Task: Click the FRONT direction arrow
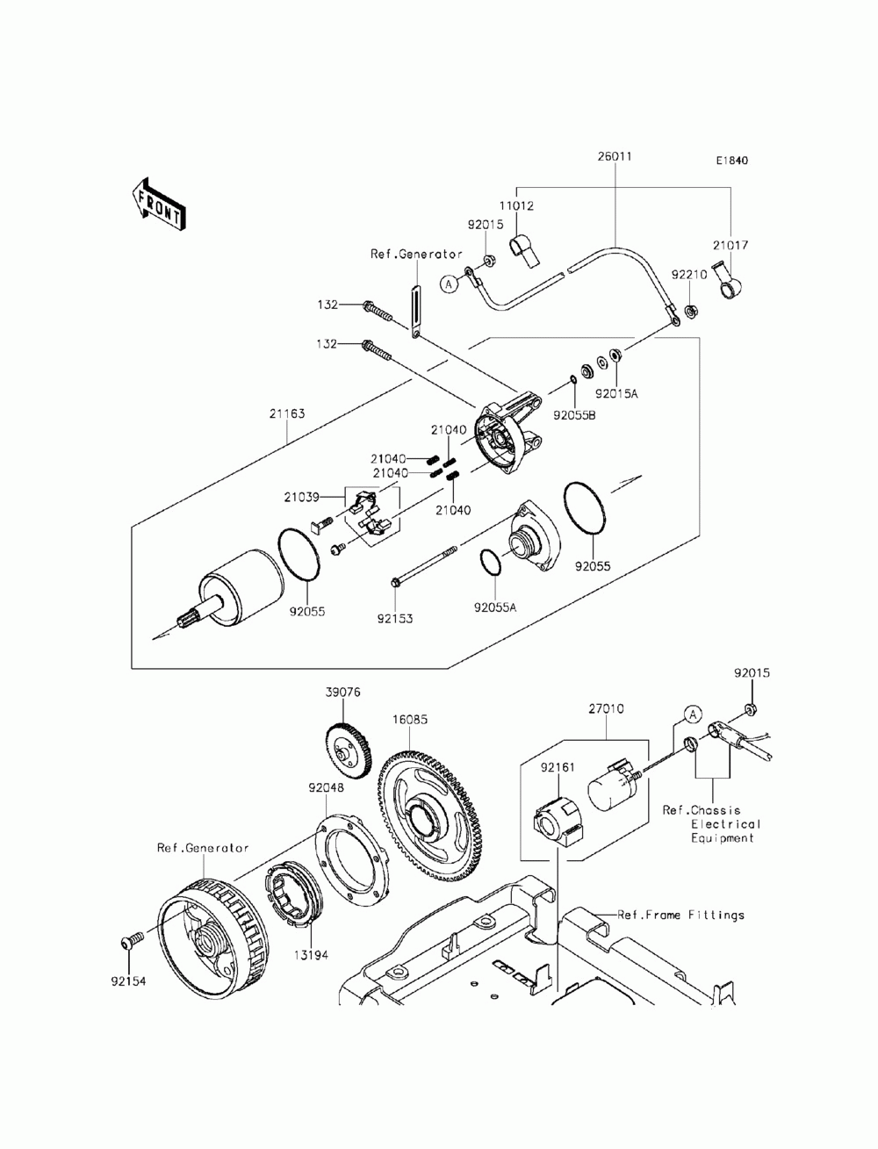click(x=158, y=205)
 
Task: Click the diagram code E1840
click(x=732, y=161)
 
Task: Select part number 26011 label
click(x=615, y=156)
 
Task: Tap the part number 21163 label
click(x=287, y=413)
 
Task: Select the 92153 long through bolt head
click(x=395, y=582)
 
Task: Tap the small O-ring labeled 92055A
click(x=491, y=563)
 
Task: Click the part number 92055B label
click(x=574, y=415)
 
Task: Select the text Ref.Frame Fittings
click(x=680, y=915)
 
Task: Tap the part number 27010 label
click(x=607, y=708)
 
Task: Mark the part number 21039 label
click(x=301, y=498)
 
